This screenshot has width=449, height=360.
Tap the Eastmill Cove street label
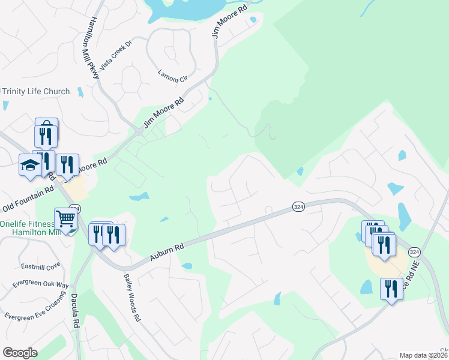coord(41,265)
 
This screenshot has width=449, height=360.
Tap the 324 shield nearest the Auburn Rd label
coord(298,206)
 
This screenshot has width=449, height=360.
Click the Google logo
coord(20,353)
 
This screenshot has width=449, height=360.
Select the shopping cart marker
coord(65,219)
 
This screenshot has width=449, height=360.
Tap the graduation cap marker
coord(30,164)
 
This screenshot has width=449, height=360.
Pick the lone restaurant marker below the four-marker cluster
coord(391,289)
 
